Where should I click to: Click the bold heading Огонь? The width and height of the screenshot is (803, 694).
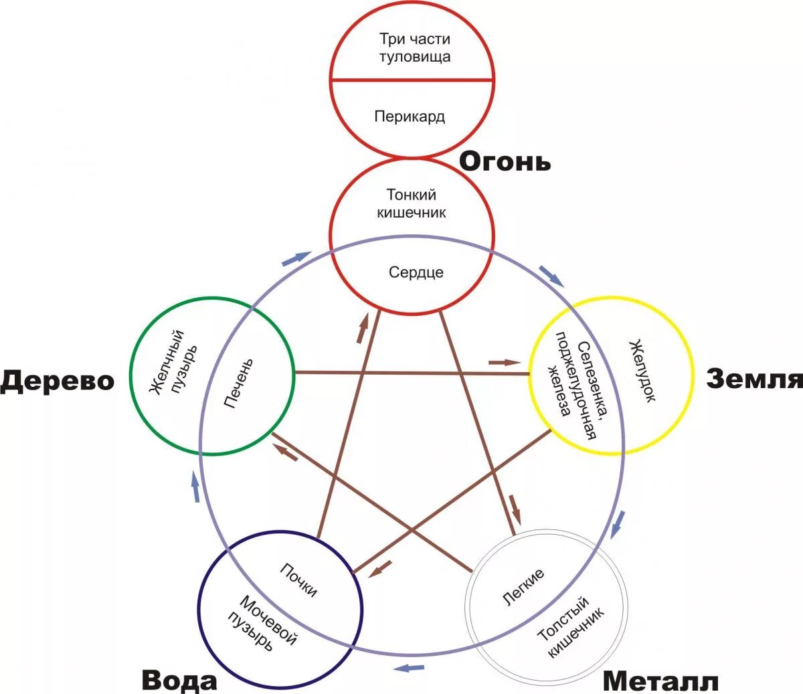[505, 162]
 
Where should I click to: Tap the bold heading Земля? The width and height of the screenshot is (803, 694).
[754, 379]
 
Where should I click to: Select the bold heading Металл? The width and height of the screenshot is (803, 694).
[660, 682]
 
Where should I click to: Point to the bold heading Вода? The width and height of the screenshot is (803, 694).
[179, 681]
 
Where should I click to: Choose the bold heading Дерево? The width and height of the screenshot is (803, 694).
[58, 381]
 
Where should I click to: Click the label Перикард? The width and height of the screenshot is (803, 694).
[410, 116]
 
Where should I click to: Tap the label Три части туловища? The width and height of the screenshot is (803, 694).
[415, 48]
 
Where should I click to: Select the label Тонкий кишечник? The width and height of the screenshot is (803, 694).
[412, 203]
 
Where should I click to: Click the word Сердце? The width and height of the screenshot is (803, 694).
[416, 272]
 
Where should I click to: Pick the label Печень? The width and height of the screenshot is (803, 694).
[239, 384]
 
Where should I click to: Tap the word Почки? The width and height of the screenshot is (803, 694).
[298, 580]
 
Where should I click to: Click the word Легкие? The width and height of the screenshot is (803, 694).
[523, 588]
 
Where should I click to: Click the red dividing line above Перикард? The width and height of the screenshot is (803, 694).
[412, 80]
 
